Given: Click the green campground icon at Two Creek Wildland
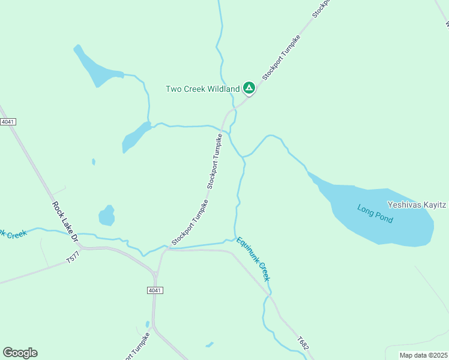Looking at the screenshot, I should [x=249, y=89].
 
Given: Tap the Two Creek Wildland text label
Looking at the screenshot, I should [x=202, y=89].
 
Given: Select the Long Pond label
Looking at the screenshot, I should [x=375, y=214].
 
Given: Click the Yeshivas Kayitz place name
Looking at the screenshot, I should [x=417, y=205].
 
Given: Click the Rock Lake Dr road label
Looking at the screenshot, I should [x=65, y=221].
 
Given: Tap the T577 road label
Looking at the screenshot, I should [x=73, y=259].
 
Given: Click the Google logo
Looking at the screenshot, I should [x=20, y=353].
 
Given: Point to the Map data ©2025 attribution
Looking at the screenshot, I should [x=424, y=355].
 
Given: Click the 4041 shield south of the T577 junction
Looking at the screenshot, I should [x=155, y=290].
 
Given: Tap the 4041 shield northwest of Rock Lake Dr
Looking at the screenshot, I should [x=8, y=122].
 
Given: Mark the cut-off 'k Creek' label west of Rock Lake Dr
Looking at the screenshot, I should [x=13, y=233].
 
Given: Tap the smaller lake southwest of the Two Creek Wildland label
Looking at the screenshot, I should [x=135, y=138].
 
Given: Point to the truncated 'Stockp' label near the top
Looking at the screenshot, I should [x=322, y=8].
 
